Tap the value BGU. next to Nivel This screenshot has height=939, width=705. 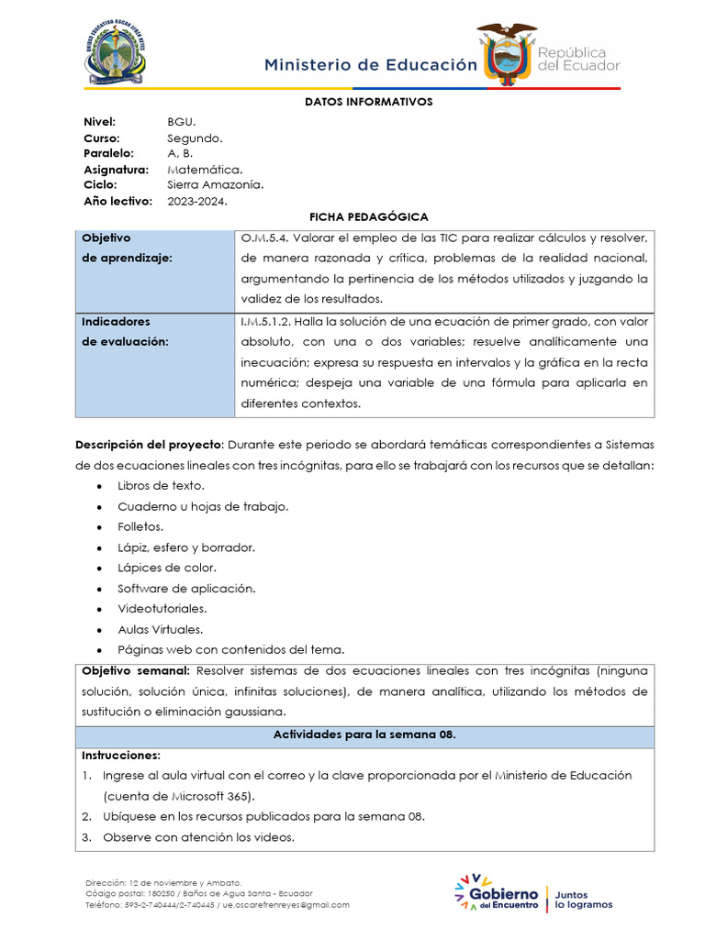click(x=182, y=122)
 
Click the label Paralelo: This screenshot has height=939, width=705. click(x=108, y=153)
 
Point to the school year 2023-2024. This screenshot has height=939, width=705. click(x=196, y=201)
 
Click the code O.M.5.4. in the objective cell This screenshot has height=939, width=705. click(x=264, y=238)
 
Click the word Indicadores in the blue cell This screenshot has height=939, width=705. click(x=116, y=322)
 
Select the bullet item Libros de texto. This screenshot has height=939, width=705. click(x=161, y=485)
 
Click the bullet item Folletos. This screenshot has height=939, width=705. click(x=140, y=526)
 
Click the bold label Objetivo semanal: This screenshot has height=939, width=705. click(x=135, y=670)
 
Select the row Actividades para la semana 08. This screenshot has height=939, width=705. click(x=364, y=735)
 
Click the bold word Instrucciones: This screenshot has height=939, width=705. click(x=121, y=756)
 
